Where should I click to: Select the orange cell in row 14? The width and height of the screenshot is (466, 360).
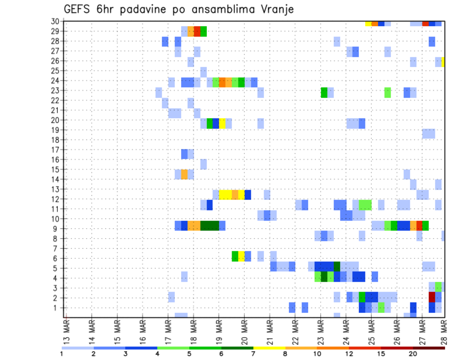184,174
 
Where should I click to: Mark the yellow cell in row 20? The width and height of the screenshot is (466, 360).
222,123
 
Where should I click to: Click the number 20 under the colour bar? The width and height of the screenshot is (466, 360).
413,354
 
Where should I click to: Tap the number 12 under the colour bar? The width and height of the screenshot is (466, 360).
349,354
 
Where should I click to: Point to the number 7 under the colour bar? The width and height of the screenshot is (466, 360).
253,354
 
